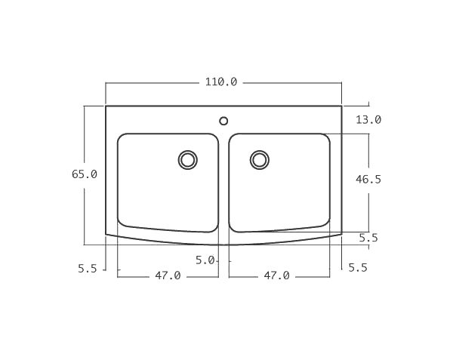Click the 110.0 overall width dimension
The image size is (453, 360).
coord(221,82)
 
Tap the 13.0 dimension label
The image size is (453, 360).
coord(368,119)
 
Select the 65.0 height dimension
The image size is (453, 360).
coord(85,174)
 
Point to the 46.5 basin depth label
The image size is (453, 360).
coord(368,180)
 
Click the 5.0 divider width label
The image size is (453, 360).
coord(205,260)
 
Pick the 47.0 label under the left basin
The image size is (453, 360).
coord(168,276)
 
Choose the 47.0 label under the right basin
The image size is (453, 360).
coord(276,276)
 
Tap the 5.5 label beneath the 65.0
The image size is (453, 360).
coord(88,269)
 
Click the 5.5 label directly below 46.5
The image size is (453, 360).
coord(368,238)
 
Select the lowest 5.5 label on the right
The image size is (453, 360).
coord(358,268)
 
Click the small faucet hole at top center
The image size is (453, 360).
coord(223,121)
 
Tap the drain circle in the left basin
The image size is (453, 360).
coord(187,160)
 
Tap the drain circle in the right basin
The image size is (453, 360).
coord(260,159)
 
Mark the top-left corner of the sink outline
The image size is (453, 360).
coord(106,106)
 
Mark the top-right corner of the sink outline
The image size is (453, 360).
coord(342,106)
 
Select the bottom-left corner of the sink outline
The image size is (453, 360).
coord(106,234)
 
